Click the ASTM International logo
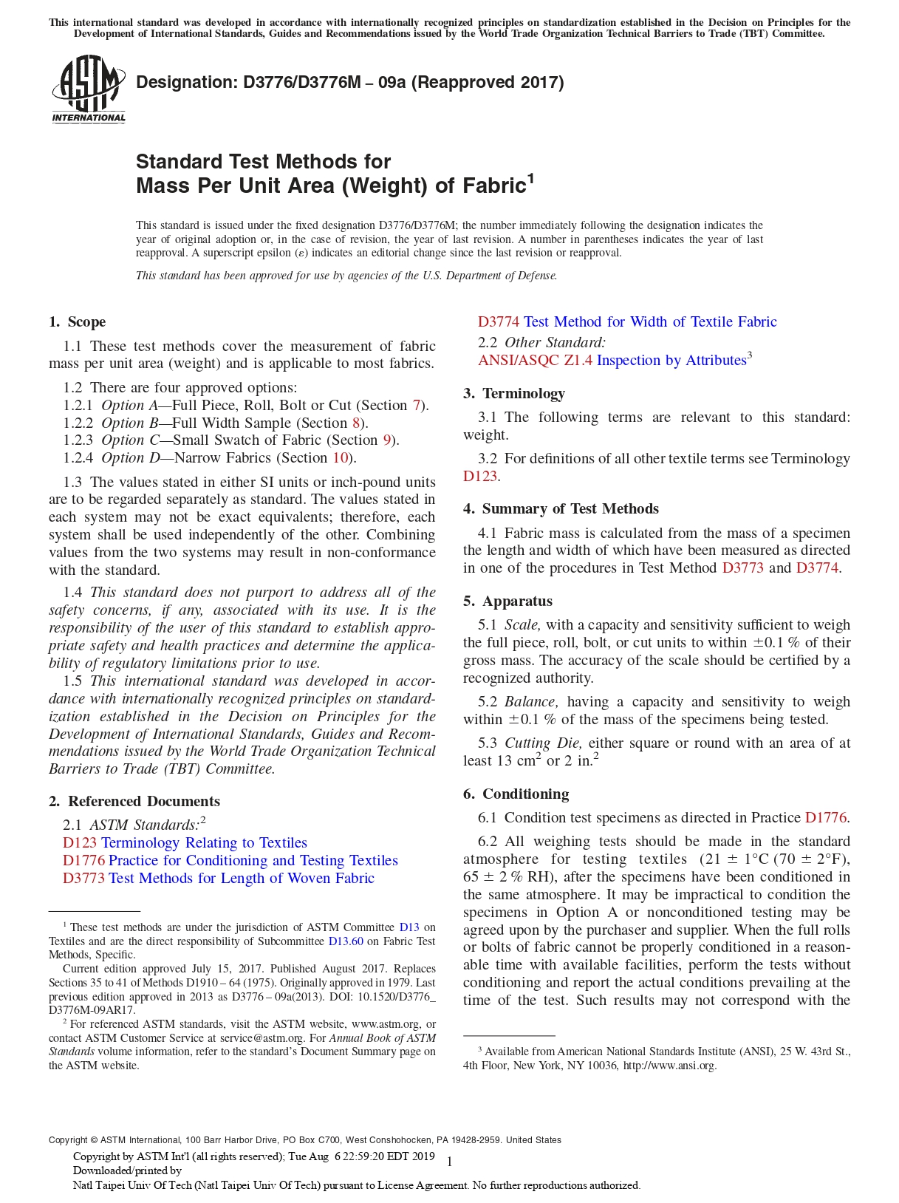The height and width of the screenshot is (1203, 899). click(x=89, y=89)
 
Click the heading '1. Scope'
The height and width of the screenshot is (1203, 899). click(x=78, y=321)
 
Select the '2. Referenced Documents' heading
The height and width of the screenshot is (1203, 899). click(x=134, y=801)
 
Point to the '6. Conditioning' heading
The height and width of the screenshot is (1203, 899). click(x=516, y=794)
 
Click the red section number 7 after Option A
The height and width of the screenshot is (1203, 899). click(x=417, y=405)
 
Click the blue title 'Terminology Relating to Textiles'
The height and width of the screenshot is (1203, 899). click(x=204, y=842)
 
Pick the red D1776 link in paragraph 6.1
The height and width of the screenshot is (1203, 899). click(x=825, y=817)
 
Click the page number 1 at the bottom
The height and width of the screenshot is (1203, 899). click(x=449, y=1162)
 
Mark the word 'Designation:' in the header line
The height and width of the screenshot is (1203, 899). click(x=186, y=82)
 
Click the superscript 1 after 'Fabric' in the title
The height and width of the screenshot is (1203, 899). click(x=530, y=178)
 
